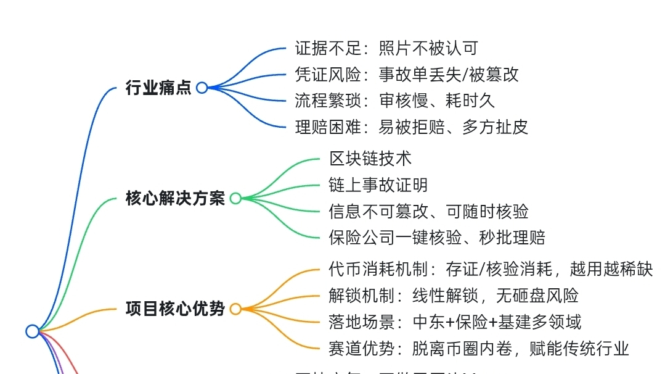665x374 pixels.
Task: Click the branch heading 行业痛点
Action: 158,88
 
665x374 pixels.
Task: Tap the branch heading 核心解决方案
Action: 175,199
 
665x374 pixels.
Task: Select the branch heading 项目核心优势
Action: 175,309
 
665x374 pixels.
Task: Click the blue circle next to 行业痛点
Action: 202,88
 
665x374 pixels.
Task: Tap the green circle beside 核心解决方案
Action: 235,199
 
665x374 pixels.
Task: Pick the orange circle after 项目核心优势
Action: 235,309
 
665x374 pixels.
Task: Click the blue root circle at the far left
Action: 33,331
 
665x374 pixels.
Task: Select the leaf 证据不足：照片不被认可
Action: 386,48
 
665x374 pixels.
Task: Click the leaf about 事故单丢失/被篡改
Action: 407,75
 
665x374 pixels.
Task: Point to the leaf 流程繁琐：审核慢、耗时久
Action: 394,101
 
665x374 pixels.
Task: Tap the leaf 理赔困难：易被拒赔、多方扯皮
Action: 411,127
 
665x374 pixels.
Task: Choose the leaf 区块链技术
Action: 370,159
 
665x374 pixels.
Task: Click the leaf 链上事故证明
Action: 378,185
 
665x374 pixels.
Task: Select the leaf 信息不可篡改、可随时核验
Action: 428,211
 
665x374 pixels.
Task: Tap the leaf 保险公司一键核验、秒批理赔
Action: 436,238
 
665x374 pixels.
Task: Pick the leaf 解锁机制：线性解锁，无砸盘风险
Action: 453,296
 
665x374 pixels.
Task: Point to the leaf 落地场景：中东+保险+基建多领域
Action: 454,322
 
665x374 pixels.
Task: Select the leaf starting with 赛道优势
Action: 478,349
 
